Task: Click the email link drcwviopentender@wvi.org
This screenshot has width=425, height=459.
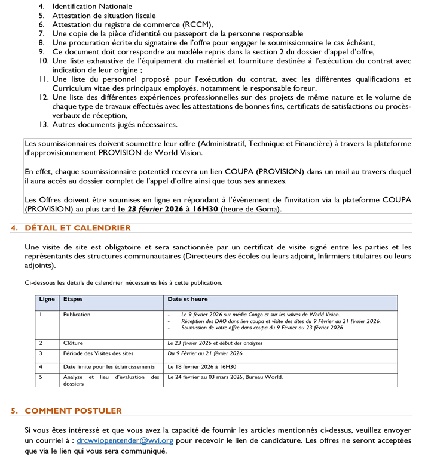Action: [x=125, y=440]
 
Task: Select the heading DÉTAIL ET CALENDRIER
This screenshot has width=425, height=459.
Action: [x=78, y=228]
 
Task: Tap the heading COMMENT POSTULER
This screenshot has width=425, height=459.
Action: [x=73, y=411]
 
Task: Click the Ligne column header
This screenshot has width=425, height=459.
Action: [x=47, y=299]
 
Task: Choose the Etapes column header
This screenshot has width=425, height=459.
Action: [x=73, y=299]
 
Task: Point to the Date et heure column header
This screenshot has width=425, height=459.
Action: [x=188, y=299]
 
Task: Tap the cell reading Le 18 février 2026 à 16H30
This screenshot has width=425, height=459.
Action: [x=202, y=366]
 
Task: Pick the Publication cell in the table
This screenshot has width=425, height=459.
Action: [x=77, y=314]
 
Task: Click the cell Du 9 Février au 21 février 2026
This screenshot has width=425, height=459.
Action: [x=206, y=353]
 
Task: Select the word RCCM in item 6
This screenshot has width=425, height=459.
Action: [x=198, y=24]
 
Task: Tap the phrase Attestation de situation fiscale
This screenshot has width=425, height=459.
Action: [x=104, y=15]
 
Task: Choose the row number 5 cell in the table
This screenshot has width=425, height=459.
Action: [x=41, y=377]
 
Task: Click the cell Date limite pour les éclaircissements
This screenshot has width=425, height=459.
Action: [x=109, y=366]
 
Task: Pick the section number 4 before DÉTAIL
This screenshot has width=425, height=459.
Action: [x=14, y=228]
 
